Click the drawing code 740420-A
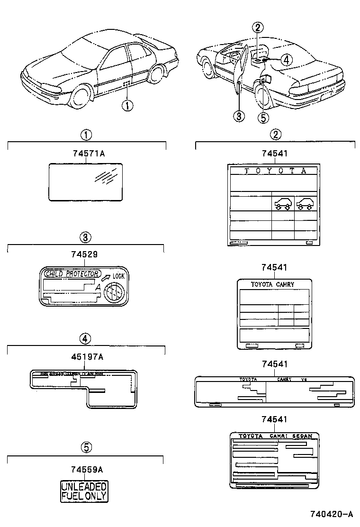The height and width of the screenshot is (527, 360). pyautogui.click(x=332, y=514)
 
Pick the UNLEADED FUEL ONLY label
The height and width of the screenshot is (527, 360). pyautogui.click(x=84, y=491)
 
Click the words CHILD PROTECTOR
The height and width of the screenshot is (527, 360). pyautogui.click(x=72, y=273)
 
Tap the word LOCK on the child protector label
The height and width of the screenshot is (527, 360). pyautogui.click(x=118, y=276)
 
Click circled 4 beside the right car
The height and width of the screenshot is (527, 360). pyautogui.click(x=285, y=59)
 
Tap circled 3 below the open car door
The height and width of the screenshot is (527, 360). pyautogui.click(x=239, y=116)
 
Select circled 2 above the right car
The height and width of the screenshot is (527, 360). pyautogui.click(x=257, y=27)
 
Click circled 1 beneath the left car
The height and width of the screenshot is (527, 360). pyautogui.click(x=127, y=105)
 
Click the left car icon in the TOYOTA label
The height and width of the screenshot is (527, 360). pyautogui.click(x=283, y=204)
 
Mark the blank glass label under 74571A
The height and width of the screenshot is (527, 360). pyautogui.click(x=86, y=182)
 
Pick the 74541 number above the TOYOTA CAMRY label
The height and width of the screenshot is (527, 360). pyautogui.click(x=275, y=267)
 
